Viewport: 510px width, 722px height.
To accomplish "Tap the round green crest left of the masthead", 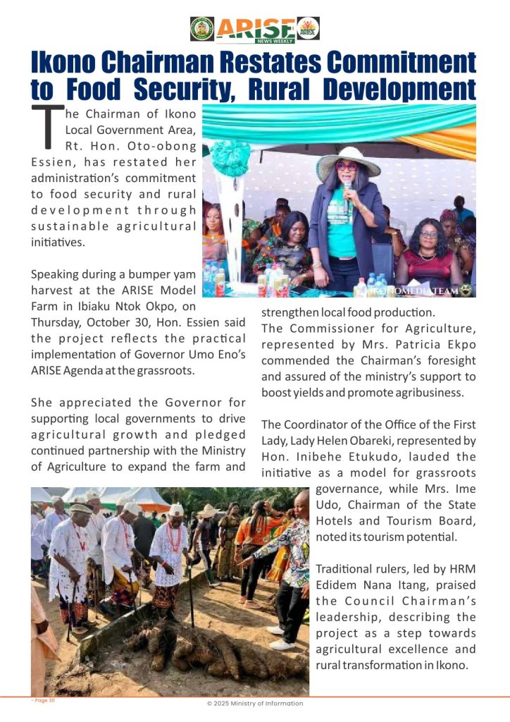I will pos(202,28).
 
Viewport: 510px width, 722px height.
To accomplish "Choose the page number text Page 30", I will pos(44,700).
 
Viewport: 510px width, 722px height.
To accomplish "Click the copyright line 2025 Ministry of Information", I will pos(255,703).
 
